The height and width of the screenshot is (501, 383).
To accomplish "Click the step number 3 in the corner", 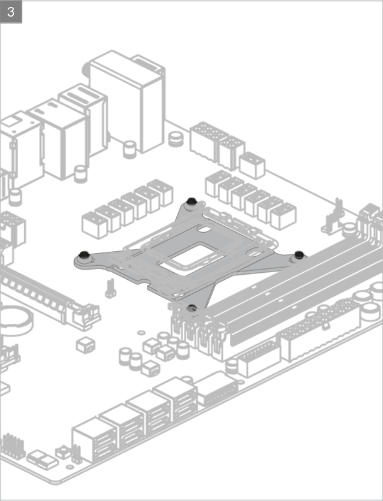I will click(x=11, y=11).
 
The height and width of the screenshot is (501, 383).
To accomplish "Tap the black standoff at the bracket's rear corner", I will click(x=190, y=203).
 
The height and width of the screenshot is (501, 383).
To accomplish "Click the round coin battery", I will click(x=15, y=318).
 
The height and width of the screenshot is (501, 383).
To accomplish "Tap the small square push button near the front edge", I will click(x=63, y=452).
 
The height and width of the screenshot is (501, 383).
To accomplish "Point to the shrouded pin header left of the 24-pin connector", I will click(x=259, y=358).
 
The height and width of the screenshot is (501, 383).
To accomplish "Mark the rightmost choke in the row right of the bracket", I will click(x=283, y=216).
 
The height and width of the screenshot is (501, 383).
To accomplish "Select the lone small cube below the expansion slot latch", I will click(x=85, y=345).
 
